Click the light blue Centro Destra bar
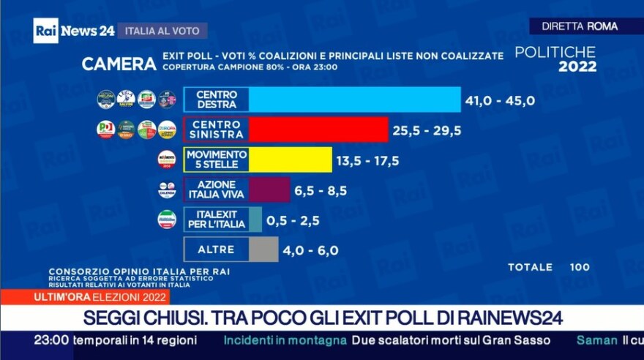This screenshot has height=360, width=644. coord(355,100)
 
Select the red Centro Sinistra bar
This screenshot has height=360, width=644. coord(318,130)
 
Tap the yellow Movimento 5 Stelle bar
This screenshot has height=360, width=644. coord(290,160)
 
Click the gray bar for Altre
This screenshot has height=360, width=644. coord(263,250)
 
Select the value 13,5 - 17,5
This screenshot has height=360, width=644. coord(370,161)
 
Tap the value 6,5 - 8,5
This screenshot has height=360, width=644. coord(321,191)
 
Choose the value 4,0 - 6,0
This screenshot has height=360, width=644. coord(312,250)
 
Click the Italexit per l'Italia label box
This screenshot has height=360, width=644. coord(216,220)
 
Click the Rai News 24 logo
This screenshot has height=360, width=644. coord(73,31)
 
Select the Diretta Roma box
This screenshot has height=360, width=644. coord(580,26)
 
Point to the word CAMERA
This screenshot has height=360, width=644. coord(119,64)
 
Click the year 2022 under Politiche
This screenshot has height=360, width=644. coord(577,67)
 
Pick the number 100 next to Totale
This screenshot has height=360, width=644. coord(580,267)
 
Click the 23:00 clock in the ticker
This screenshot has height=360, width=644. coord(51,340)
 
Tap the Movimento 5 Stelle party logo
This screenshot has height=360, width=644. coord(167,160)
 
